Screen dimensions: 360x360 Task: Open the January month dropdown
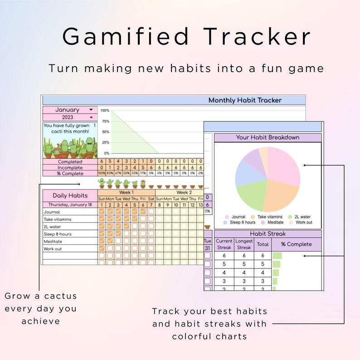91,110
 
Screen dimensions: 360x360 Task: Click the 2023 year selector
91,117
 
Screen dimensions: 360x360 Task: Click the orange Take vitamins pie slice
279,195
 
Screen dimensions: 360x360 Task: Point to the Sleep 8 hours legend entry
241,223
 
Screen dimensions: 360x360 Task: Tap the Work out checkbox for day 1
102,249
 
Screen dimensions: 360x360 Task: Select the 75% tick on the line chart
105,121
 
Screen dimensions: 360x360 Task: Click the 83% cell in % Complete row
110,174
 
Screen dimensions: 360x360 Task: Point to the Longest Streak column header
244,244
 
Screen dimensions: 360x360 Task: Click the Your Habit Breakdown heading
268,137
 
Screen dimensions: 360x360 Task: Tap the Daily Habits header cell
70,195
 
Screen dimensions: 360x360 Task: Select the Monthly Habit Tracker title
245,100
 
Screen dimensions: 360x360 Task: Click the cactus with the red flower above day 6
143,183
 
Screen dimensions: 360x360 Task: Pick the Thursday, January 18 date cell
70,205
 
